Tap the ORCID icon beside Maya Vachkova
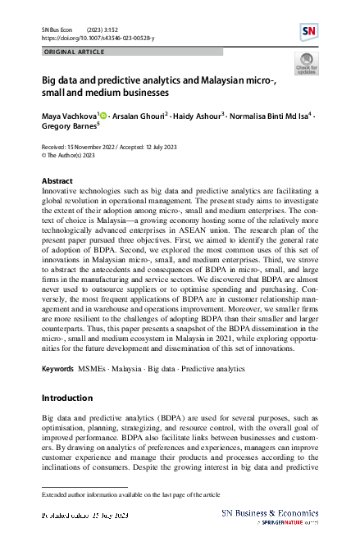click(102, 116)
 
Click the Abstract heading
click(57, 180)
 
